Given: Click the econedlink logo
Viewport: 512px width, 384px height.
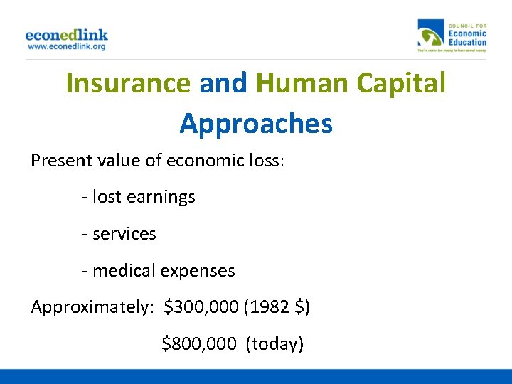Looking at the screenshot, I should point(66,34).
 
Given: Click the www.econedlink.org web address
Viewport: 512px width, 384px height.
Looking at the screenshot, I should point(66,46).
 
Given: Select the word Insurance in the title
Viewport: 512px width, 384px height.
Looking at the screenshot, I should point(128,83).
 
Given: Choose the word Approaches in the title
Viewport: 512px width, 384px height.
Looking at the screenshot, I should point(256,123).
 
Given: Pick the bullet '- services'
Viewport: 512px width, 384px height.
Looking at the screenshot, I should point(119,234).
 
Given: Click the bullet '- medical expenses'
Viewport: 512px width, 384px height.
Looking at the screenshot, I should point(159,271).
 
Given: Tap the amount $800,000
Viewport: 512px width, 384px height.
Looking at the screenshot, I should point(199,345).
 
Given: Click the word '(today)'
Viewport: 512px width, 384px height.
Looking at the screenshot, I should point(274,345).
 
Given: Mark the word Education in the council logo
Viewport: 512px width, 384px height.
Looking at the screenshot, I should point(467,41).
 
